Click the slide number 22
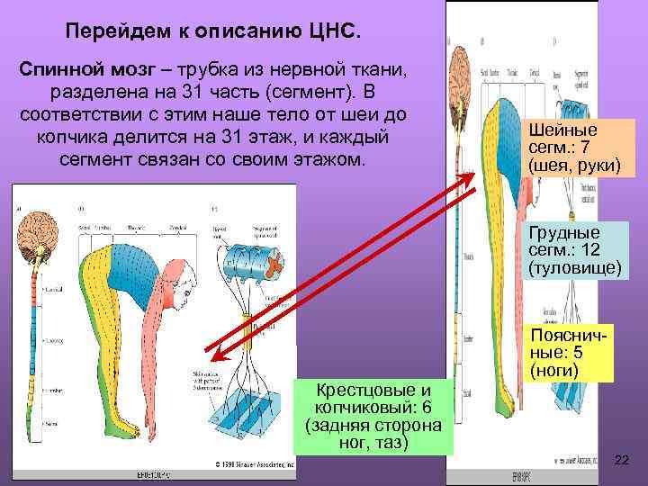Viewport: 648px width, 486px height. click(620, 460)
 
